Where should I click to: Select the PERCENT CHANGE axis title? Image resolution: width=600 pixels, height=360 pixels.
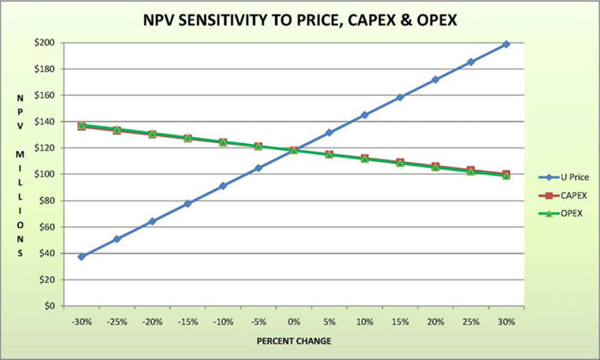coord(294,342)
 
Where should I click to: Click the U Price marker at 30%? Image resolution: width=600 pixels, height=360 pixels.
coord(506,44)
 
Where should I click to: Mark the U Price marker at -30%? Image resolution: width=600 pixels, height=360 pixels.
coord(81,256)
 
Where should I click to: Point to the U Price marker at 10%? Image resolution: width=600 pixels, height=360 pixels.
coord(364,115)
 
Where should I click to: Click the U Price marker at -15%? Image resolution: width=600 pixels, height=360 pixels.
coord(188,203)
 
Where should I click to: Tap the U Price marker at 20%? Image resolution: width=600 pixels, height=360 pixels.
coord(435,80)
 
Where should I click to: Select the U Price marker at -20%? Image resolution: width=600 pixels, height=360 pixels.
coord(153,221)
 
